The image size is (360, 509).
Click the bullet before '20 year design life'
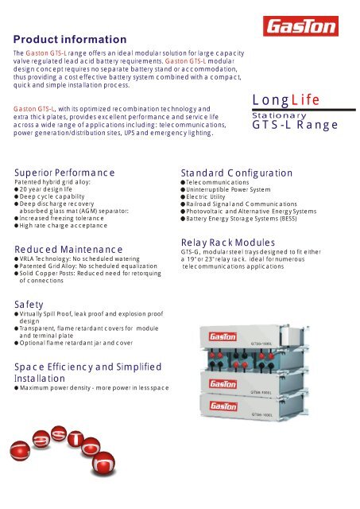(17, 191)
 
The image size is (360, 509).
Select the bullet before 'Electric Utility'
(184, 198)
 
